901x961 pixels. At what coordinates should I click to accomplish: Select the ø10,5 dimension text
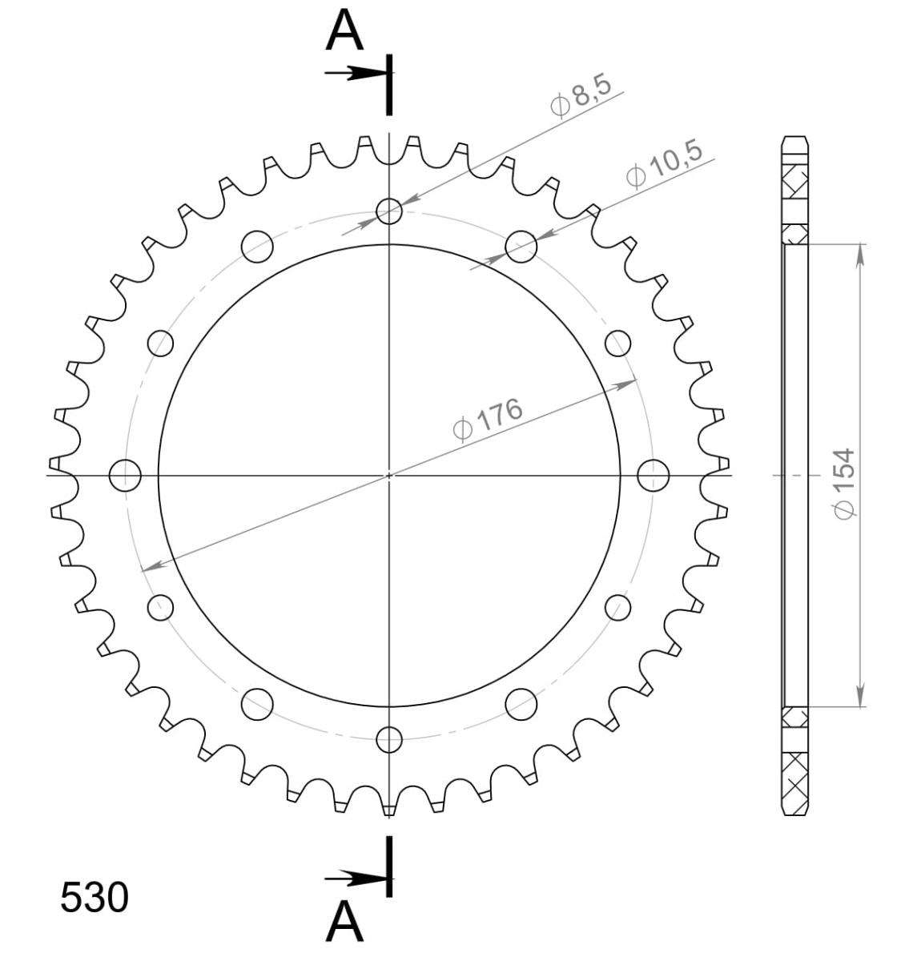click(664, 164)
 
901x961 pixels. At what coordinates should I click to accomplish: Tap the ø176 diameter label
click(488, 420)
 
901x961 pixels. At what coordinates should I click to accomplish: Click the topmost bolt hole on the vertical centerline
click(388, 211)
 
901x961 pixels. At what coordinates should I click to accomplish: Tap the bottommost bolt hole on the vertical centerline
click(388, 739)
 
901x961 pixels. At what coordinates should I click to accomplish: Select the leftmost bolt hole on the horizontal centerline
click(125, 476)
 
